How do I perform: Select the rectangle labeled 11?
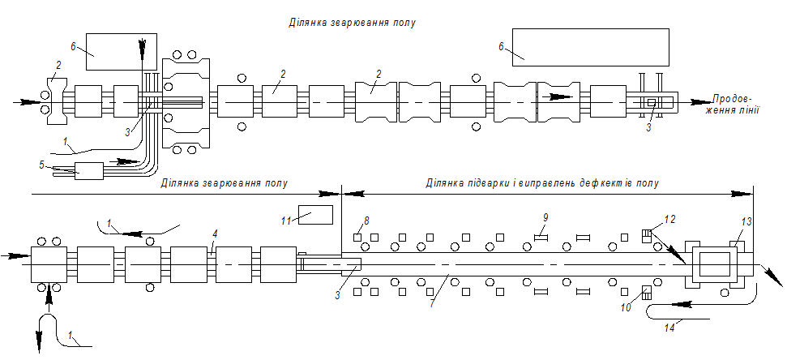click(x=316, y=215)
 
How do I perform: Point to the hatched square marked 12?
click(x=646, y=235)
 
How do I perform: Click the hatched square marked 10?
click(x=646, y=293)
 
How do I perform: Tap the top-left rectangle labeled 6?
click(x=113, y=45)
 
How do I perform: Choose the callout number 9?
click(x=545, y=216)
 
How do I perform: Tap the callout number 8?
click(x=366, y=220)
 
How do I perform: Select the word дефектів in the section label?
click(x=605, y=183)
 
